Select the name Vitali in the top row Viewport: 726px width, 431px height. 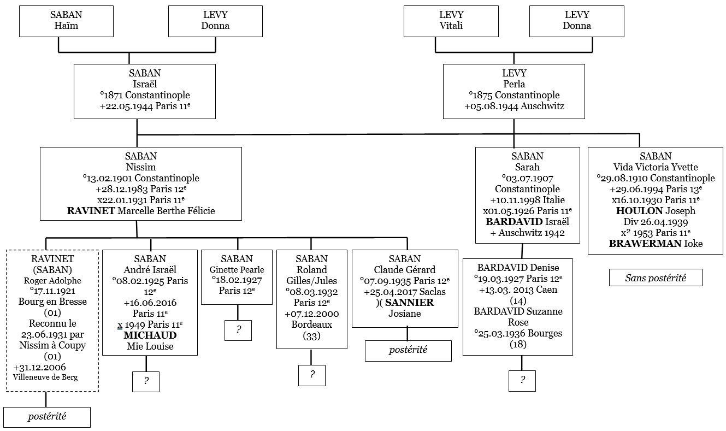pyautogui.click(x=451, y=26)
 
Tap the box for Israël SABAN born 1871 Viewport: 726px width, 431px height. pyautogui.click(x=144, y=91)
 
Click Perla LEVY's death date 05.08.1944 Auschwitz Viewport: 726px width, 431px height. pyautogui.click(x=513, y=107)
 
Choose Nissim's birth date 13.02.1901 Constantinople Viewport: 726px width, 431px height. pyautogui.click(x=141, y=178)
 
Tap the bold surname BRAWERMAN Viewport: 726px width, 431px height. pyautogui.click(x=635, y=244)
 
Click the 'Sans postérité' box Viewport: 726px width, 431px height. pyautogui.click(x=656, y=278)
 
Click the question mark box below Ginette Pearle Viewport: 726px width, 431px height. pyautogui.click(x=238, y=330)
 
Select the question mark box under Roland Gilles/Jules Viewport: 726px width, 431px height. pyautogui.click(x=311, y=375)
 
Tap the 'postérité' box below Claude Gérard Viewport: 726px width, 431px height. pyautogui.click(x=408, y=351)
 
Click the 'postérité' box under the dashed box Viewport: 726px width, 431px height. pyautogui.click(x=47, y=417)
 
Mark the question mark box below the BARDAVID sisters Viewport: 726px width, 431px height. pyautogui.click(x=522, y=380)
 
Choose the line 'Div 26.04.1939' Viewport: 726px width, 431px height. pyautogui.click(x=655, y=222)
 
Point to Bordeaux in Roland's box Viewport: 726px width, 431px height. pyautogui.click(x=311, y=324)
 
